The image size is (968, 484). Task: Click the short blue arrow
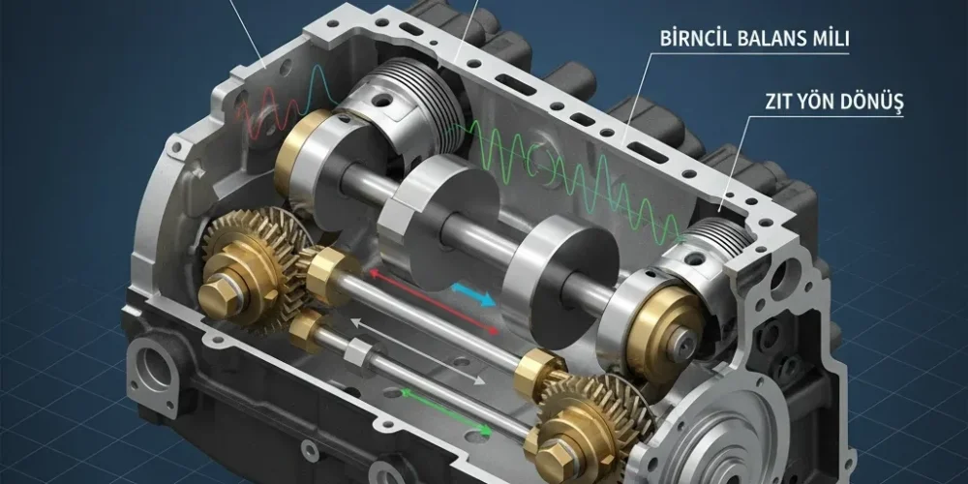(x=474, y=294)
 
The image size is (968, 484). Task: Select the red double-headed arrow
(x=434, y=301)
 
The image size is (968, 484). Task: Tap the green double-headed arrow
(x=445, y=411)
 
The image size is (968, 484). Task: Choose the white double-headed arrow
(x=417, y=352)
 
